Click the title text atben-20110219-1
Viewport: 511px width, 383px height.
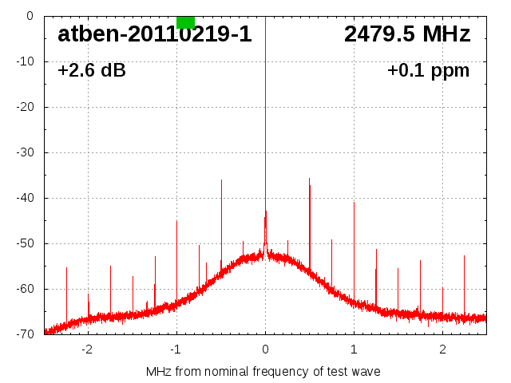click(154, 34)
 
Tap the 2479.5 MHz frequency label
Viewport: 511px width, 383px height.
click(407, 34)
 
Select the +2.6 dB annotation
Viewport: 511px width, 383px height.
click(92, 71)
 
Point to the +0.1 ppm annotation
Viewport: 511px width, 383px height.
click(428, 71)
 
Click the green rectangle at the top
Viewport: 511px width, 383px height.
click(185, 22)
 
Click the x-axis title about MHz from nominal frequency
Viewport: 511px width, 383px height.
click(263, 372)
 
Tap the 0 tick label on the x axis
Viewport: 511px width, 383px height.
click(265, 349)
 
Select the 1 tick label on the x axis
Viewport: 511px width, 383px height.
click(354, 349)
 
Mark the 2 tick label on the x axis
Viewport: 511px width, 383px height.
click(442, 349)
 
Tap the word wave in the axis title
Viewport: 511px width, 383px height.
click(365, 372)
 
